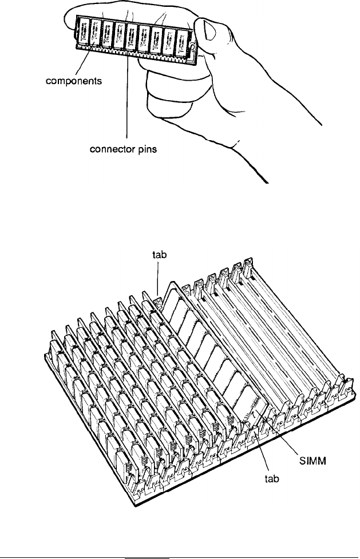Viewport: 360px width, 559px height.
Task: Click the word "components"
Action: (x=74, y=81)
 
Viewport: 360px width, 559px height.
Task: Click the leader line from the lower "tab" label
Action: (x=265, y=452)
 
